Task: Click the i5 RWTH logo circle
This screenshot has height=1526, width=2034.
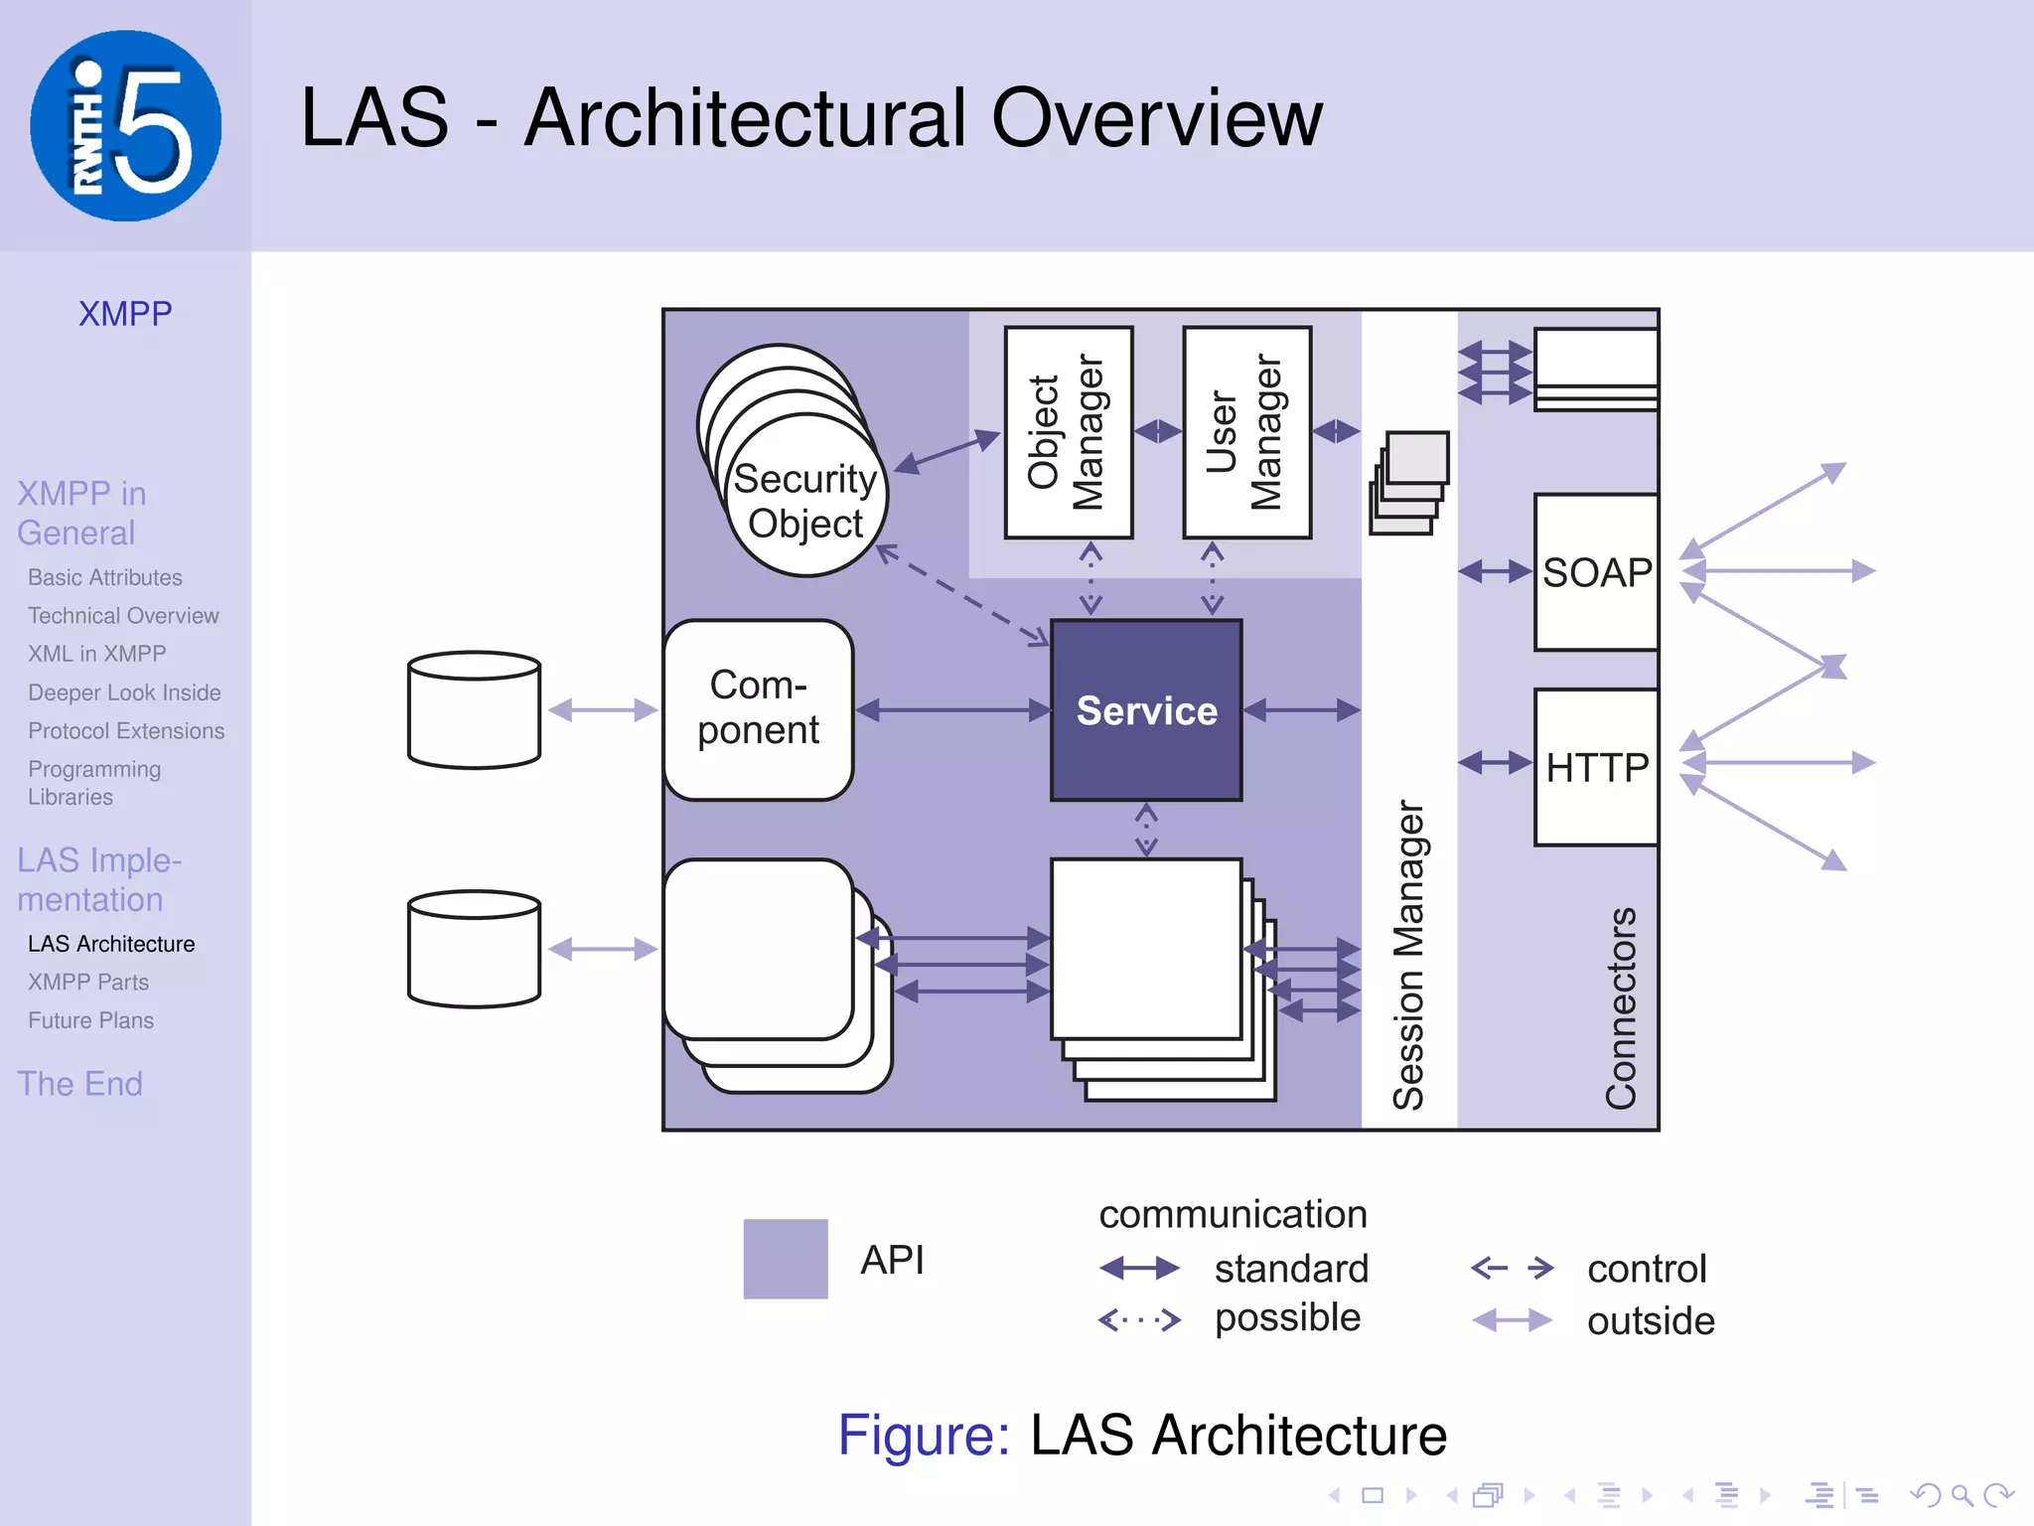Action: pyautogui.click(x=125, y=125)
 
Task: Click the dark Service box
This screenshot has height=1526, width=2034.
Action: pyautogui.click(x=1146, y=710)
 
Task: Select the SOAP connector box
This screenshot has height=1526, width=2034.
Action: pyautogui.click(x=1596, y=572)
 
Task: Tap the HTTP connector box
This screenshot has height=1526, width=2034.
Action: pyautogui.click(x=1596, y=767)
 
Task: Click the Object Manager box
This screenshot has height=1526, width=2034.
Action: pyautogui.click(x=1068, y=432)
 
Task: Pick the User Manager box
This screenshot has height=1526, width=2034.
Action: pyautogui.click(x=1246, y=432)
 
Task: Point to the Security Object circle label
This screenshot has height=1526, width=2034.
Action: pyautogui.click(x=804, y=501)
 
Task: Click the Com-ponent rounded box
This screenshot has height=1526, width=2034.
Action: pyautogui.click(x=758, y=709)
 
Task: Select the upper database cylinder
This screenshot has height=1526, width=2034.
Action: pyautogui.click(x=474, y=709)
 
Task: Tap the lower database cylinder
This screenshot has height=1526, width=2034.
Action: pyautogui.click(x=474, y=949)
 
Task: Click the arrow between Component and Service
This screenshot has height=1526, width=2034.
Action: pyautogui.click(x=952, y=709)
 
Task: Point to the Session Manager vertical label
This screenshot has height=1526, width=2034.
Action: pyautogui.click(x=1408, y=954)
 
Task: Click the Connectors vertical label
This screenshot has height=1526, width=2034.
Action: pyautogui.click(x=1621, y=1007)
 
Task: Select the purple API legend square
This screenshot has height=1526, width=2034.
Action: pyautogui.click(x=785, y=1259)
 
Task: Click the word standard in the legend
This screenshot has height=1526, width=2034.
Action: pyautogui.click(x=1290, y=1269)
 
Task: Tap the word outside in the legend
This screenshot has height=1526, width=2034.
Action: pyautogui.click(x=1650, y=1321)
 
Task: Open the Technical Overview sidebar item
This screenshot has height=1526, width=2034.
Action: pyautogui.click(x=123, y=616)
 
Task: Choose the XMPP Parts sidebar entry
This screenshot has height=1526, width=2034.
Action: pyautogui.click(x=88, y=982)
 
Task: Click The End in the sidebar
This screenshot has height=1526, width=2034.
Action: pyautogui.click(x=80, y=1083)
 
